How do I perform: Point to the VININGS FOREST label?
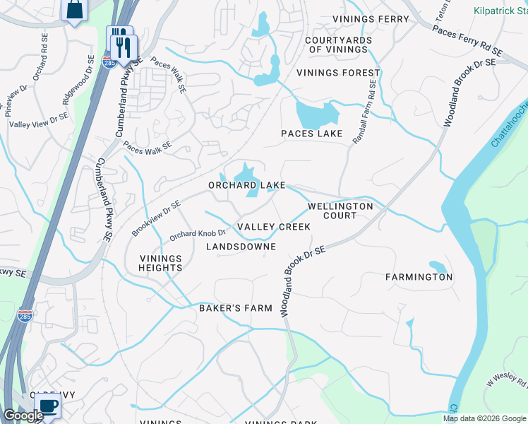(x=338, y=73)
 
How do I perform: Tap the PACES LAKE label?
(x=311, y=134)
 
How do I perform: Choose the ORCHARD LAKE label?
(x=246, y=185)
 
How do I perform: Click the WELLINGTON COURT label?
(x=340, y=211)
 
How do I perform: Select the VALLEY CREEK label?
(x=273, y=227)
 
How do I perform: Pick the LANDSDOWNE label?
(x=240, y=247)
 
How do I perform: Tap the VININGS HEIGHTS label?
(x=160, y=263)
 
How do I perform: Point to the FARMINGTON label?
(x=419, y=277)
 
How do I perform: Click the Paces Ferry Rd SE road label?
(x=467, y=40)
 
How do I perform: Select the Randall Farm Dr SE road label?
(x=365, y=112)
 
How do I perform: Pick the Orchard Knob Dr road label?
(x=197, y=233)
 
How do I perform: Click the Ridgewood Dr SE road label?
(x=78, y=83)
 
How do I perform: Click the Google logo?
(x=23, y=416)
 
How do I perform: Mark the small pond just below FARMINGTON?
(x=438, y=267)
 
